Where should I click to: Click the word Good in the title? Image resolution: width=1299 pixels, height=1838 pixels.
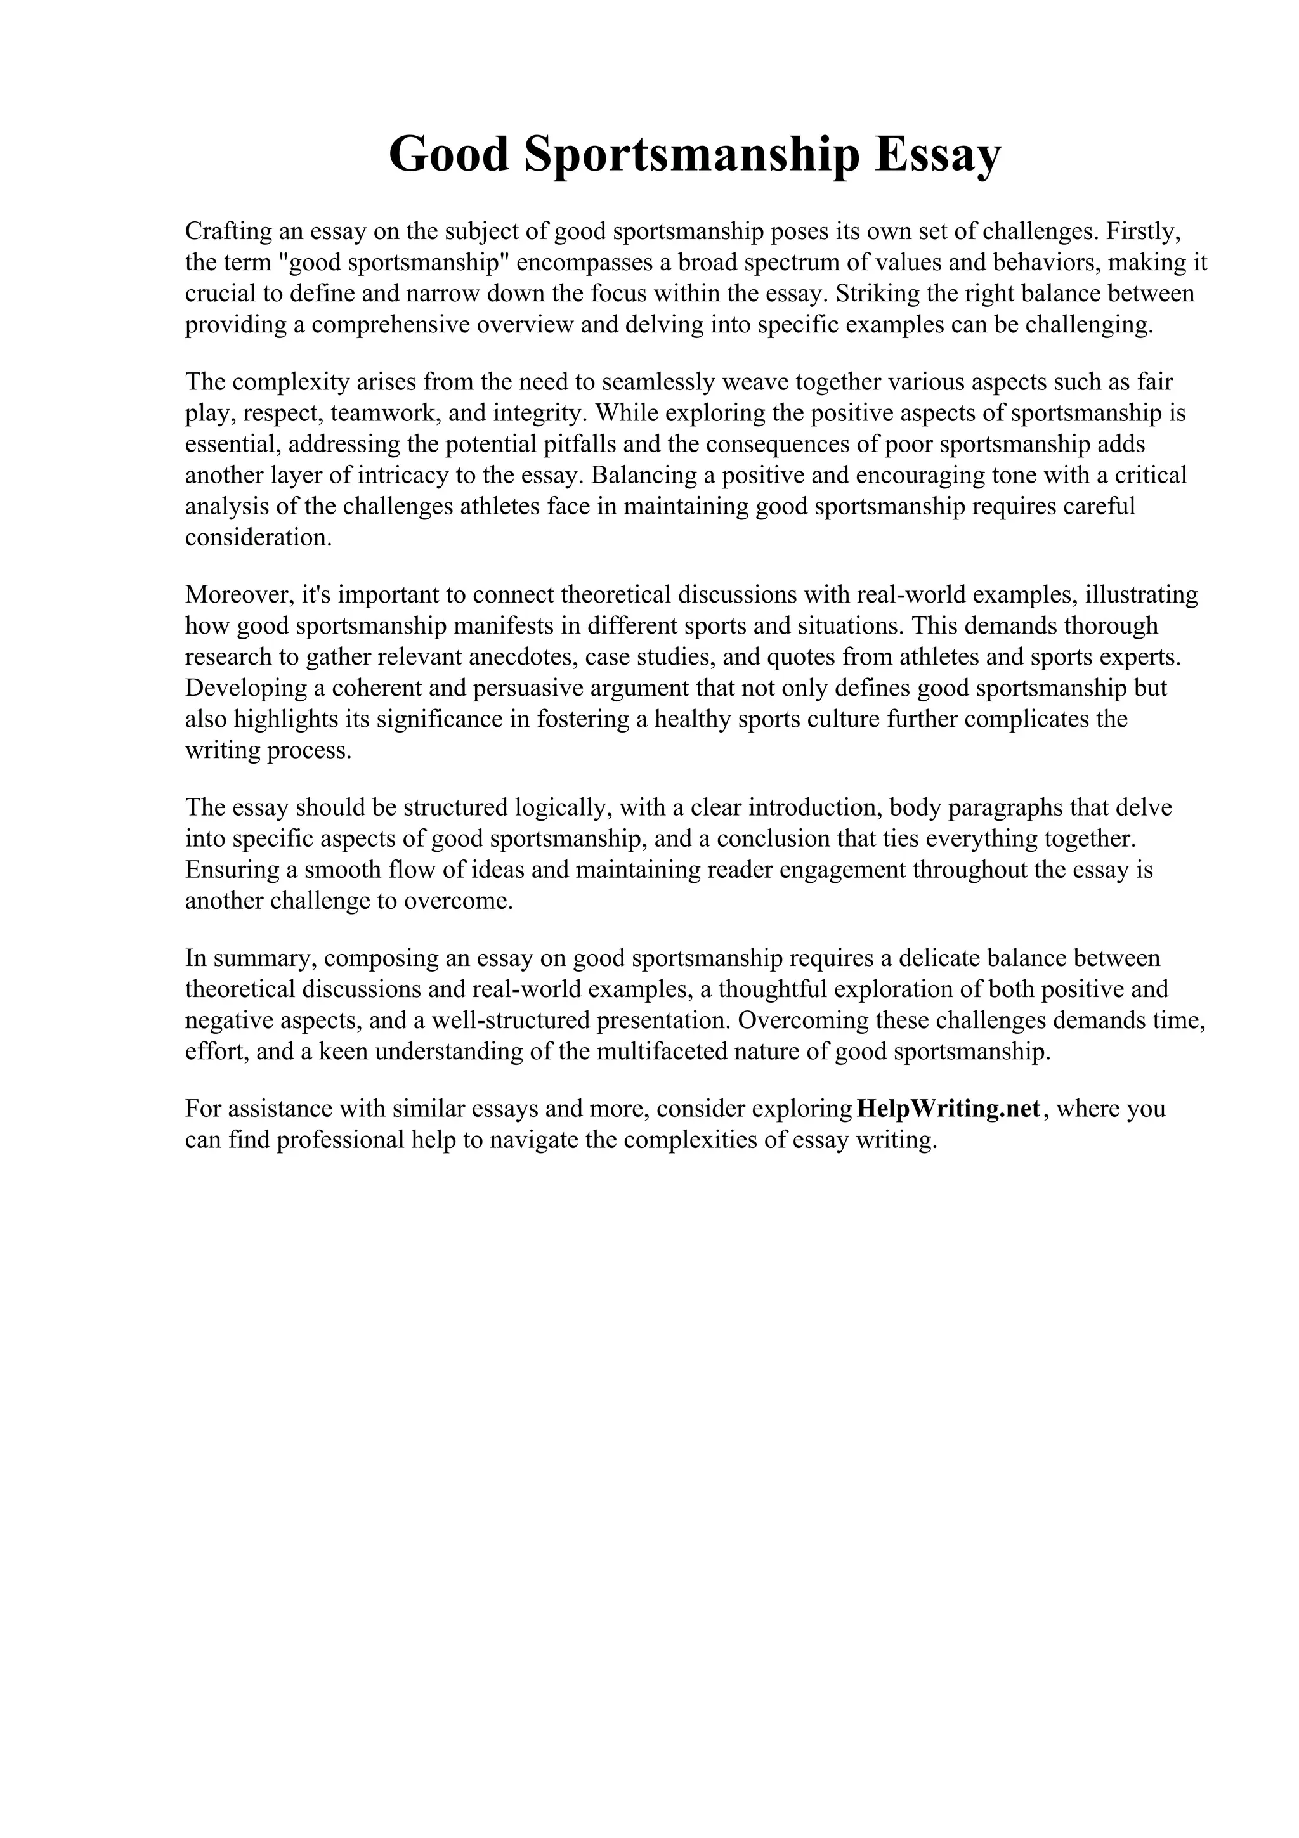449,155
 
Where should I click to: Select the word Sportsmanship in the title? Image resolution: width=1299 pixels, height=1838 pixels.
693,155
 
